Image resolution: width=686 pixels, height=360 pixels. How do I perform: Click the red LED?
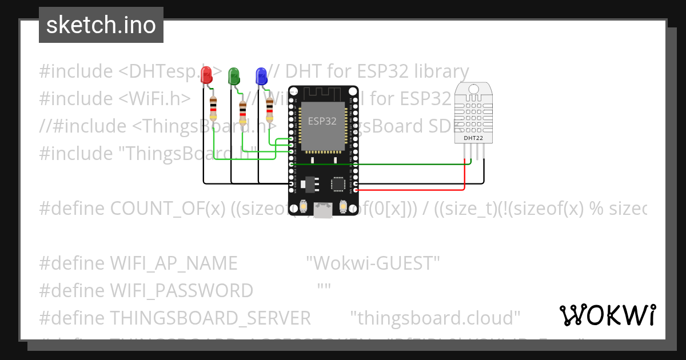(207, 75)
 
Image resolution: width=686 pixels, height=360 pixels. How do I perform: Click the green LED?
(234, 75)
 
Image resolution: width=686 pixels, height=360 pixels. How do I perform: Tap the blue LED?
(261, 75)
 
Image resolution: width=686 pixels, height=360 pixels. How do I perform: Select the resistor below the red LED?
(213, 108)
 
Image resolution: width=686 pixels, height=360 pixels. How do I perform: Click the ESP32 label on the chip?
(322, 121)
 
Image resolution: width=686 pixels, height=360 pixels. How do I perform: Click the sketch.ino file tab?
(101, 25)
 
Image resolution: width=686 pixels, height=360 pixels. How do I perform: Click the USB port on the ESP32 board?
(323, 210)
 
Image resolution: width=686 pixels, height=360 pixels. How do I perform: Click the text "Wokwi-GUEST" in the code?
(373, 263)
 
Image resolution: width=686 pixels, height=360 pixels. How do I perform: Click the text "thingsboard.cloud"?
(435, 318)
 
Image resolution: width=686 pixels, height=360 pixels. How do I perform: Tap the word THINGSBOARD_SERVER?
(210, 318)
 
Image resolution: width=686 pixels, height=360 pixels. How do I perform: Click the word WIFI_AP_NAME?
(173, 263)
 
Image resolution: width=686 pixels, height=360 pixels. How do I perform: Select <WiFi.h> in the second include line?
(155, 99)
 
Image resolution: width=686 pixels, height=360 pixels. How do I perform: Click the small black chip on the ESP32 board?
(338, 183)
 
